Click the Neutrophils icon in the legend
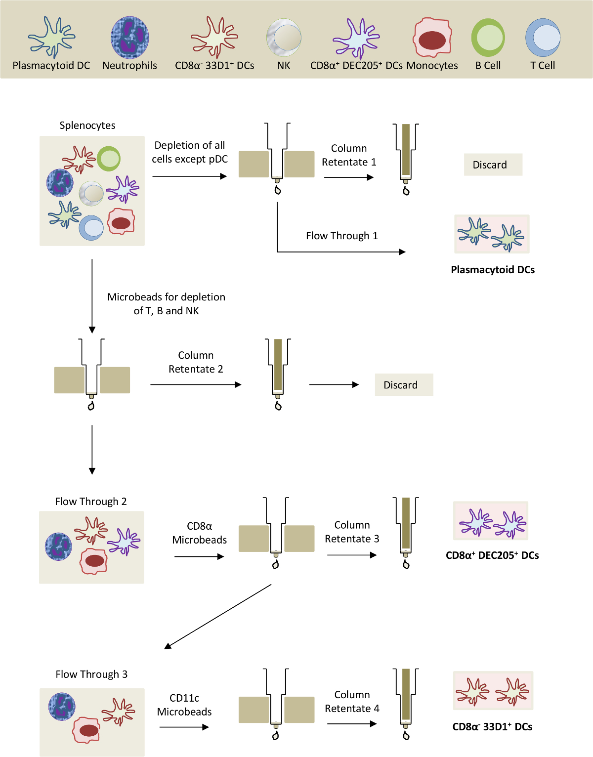coord(129,37)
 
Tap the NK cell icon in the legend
coord(284,38)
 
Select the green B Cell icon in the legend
coord(488,38)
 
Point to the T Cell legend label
coord(543,66)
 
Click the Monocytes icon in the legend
coord(432,38)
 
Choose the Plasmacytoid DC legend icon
coord(51,37)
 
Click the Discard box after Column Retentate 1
coord(493,165)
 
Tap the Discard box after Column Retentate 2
coord(404,385)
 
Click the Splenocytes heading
coord(87,126)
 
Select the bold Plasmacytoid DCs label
coord(493,270)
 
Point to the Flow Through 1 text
coord(341,236)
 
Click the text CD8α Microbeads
coord(199,533)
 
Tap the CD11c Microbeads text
coord(184,705)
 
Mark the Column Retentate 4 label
coord(352,702)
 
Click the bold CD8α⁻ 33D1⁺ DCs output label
coord(492,727)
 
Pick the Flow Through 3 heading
coord(91,674)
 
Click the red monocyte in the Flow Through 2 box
coord(94,561)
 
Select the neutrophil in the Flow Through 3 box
coord(62,707)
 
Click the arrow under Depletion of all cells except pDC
coord(189,176)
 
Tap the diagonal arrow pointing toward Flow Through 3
coord(217,617)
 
